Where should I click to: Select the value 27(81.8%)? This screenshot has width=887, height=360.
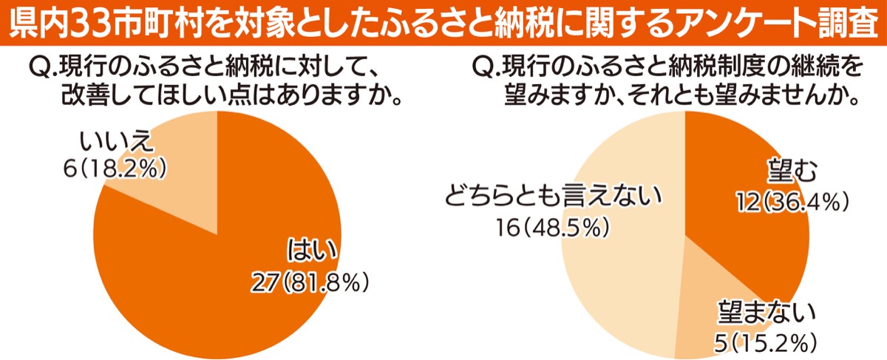(x=310, y=282)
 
